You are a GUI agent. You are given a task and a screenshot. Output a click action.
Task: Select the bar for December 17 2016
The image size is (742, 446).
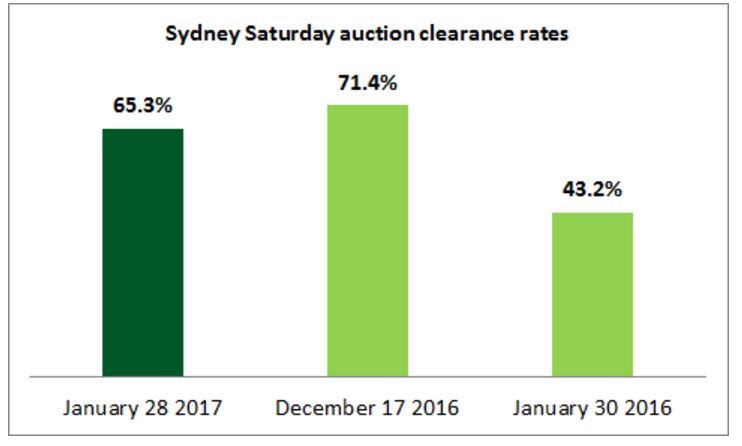(368, 240)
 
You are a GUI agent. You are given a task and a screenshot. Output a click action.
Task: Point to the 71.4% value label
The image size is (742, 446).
(368, 81)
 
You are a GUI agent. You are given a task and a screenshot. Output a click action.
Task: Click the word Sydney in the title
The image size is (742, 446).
(192, 33)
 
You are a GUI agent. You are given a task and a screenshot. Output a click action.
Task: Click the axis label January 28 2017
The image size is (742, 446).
(143, 409)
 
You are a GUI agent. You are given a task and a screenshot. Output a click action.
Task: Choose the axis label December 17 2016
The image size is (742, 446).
(368, 409)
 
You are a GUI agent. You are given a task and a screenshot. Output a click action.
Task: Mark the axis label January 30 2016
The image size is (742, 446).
(593, 409)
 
